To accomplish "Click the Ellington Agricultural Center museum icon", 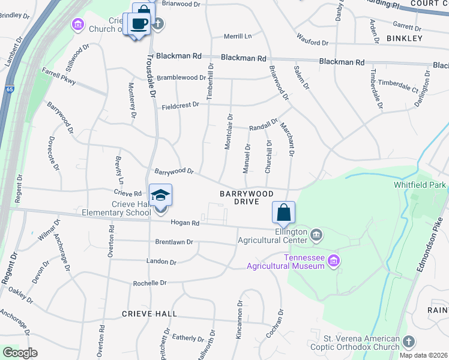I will (x=317, y=233).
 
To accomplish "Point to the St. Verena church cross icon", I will (x=409, y=341).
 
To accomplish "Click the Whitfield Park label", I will (x=420, y=185).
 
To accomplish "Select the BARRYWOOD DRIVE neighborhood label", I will (x=247, y=198).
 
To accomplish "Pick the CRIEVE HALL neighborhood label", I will (x=149, y=314).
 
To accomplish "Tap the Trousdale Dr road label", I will (x=151, y=77).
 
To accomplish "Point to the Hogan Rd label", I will (x=184, y=223).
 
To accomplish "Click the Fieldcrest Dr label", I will (x=180, y=106).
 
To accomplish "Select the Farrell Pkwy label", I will (x=59, y=77).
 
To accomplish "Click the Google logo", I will (x=20, y=353).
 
